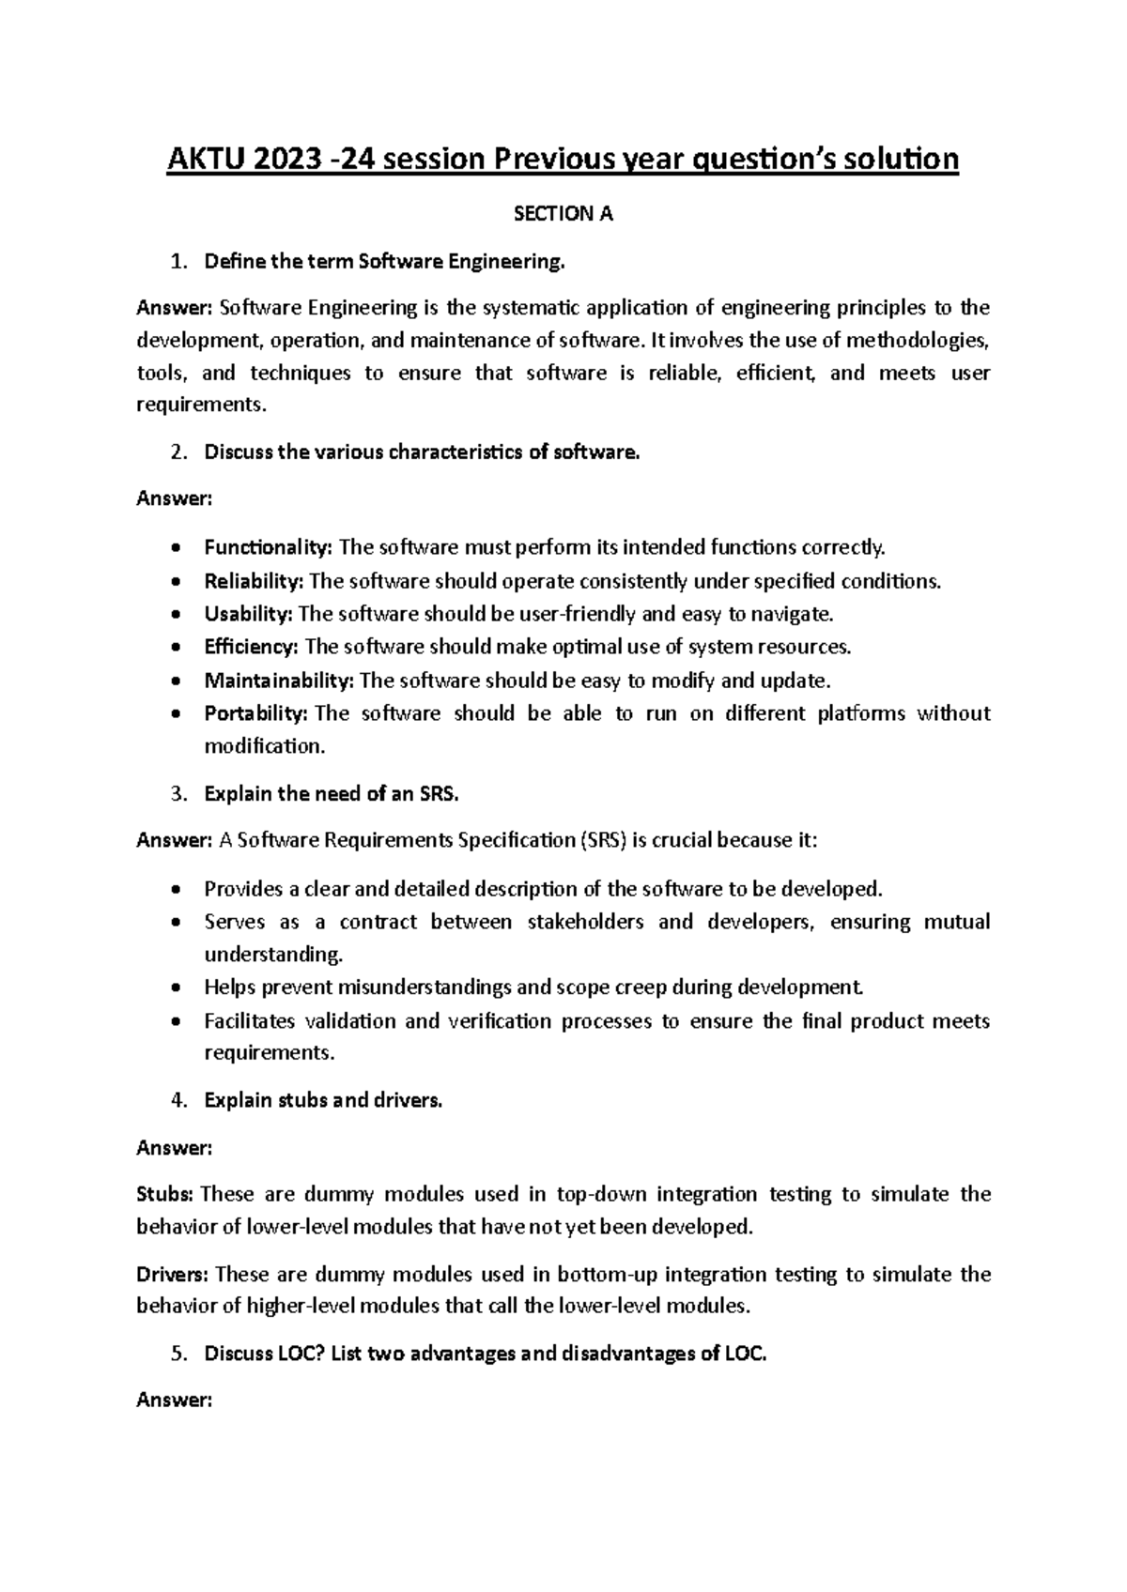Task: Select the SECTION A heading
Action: pos(563,214)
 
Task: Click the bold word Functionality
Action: pos(268,547)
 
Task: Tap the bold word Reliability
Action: pos(253,581)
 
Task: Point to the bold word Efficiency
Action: pos(251,647)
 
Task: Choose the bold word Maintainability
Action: pos(278,680)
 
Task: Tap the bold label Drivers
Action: pos(174,1274)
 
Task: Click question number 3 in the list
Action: pos(179,794)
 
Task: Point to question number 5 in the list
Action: pos(179,1354)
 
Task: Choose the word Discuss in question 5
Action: pos(238,1354)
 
